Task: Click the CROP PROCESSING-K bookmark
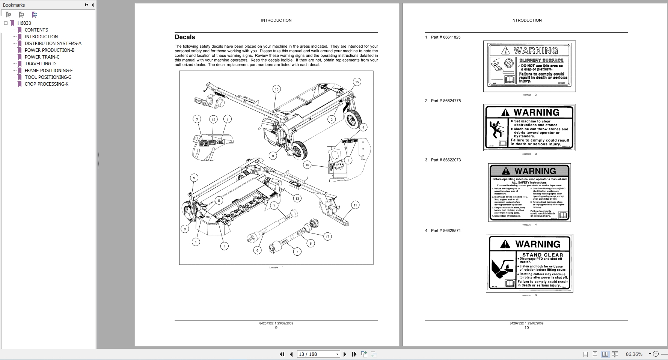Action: (46, 84)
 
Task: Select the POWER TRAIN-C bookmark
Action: (42, 57)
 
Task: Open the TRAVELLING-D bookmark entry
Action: (40, 64)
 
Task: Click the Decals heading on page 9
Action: (185, 37)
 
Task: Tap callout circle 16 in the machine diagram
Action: (276, 89)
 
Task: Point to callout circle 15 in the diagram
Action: (357, 82)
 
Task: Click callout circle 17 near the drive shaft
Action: (327, 236)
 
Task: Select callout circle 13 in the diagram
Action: (297, 198)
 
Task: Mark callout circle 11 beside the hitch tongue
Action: (355, 205)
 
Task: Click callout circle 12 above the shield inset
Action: (213, 119)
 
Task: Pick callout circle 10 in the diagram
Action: (307, 165)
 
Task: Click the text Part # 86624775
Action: (445, 101)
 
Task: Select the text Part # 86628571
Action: (445, 231)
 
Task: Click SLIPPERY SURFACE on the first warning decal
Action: (541, 60)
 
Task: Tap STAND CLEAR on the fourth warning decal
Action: (543, 255)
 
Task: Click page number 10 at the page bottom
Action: (526, 328)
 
